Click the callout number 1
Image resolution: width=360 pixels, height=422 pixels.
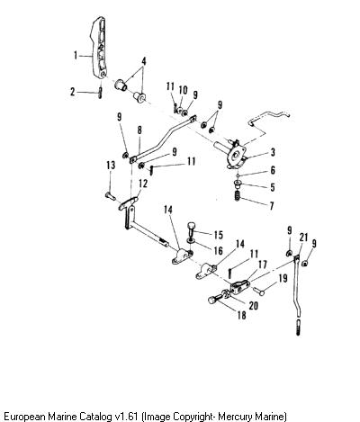[x=76, y=56]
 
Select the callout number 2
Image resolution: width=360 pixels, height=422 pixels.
[x=72, y=92]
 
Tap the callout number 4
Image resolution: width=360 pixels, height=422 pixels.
[x=144, y=62]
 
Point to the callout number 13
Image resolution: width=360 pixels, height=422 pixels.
[x=111, y=166]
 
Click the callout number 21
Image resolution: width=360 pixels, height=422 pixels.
[x=303, y=238]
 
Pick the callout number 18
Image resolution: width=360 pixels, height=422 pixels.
[x=241, y=315]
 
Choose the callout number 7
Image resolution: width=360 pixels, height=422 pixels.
[x=272, y=206]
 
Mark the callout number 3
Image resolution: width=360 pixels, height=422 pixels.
[x=273, y=152]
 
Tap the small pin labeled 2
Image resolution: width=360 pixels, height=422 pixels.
[x=100, y=92]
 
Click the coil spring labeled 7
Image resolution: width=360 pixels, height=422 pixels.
[x=238, y=196]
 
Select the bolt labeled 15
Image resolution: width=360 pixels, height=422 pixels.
[x=192, y=229]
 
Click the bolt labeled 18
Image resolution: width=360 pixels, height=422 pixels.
[x=215, y=299]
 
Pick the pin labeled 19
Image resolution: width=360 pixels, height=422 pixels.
[x=258, y=291]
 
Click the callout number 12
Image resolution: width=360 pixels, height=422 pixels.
[x=143, y=184]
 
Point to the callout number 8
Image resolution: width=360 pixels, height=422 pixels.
[x=139, y=130]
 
